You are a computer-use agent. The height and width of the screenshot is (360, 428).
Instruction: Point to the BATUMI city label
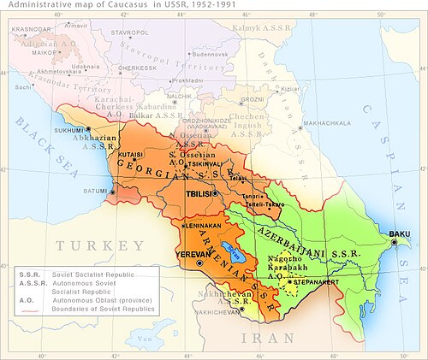pyautogui.click(x=96, y=191)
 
